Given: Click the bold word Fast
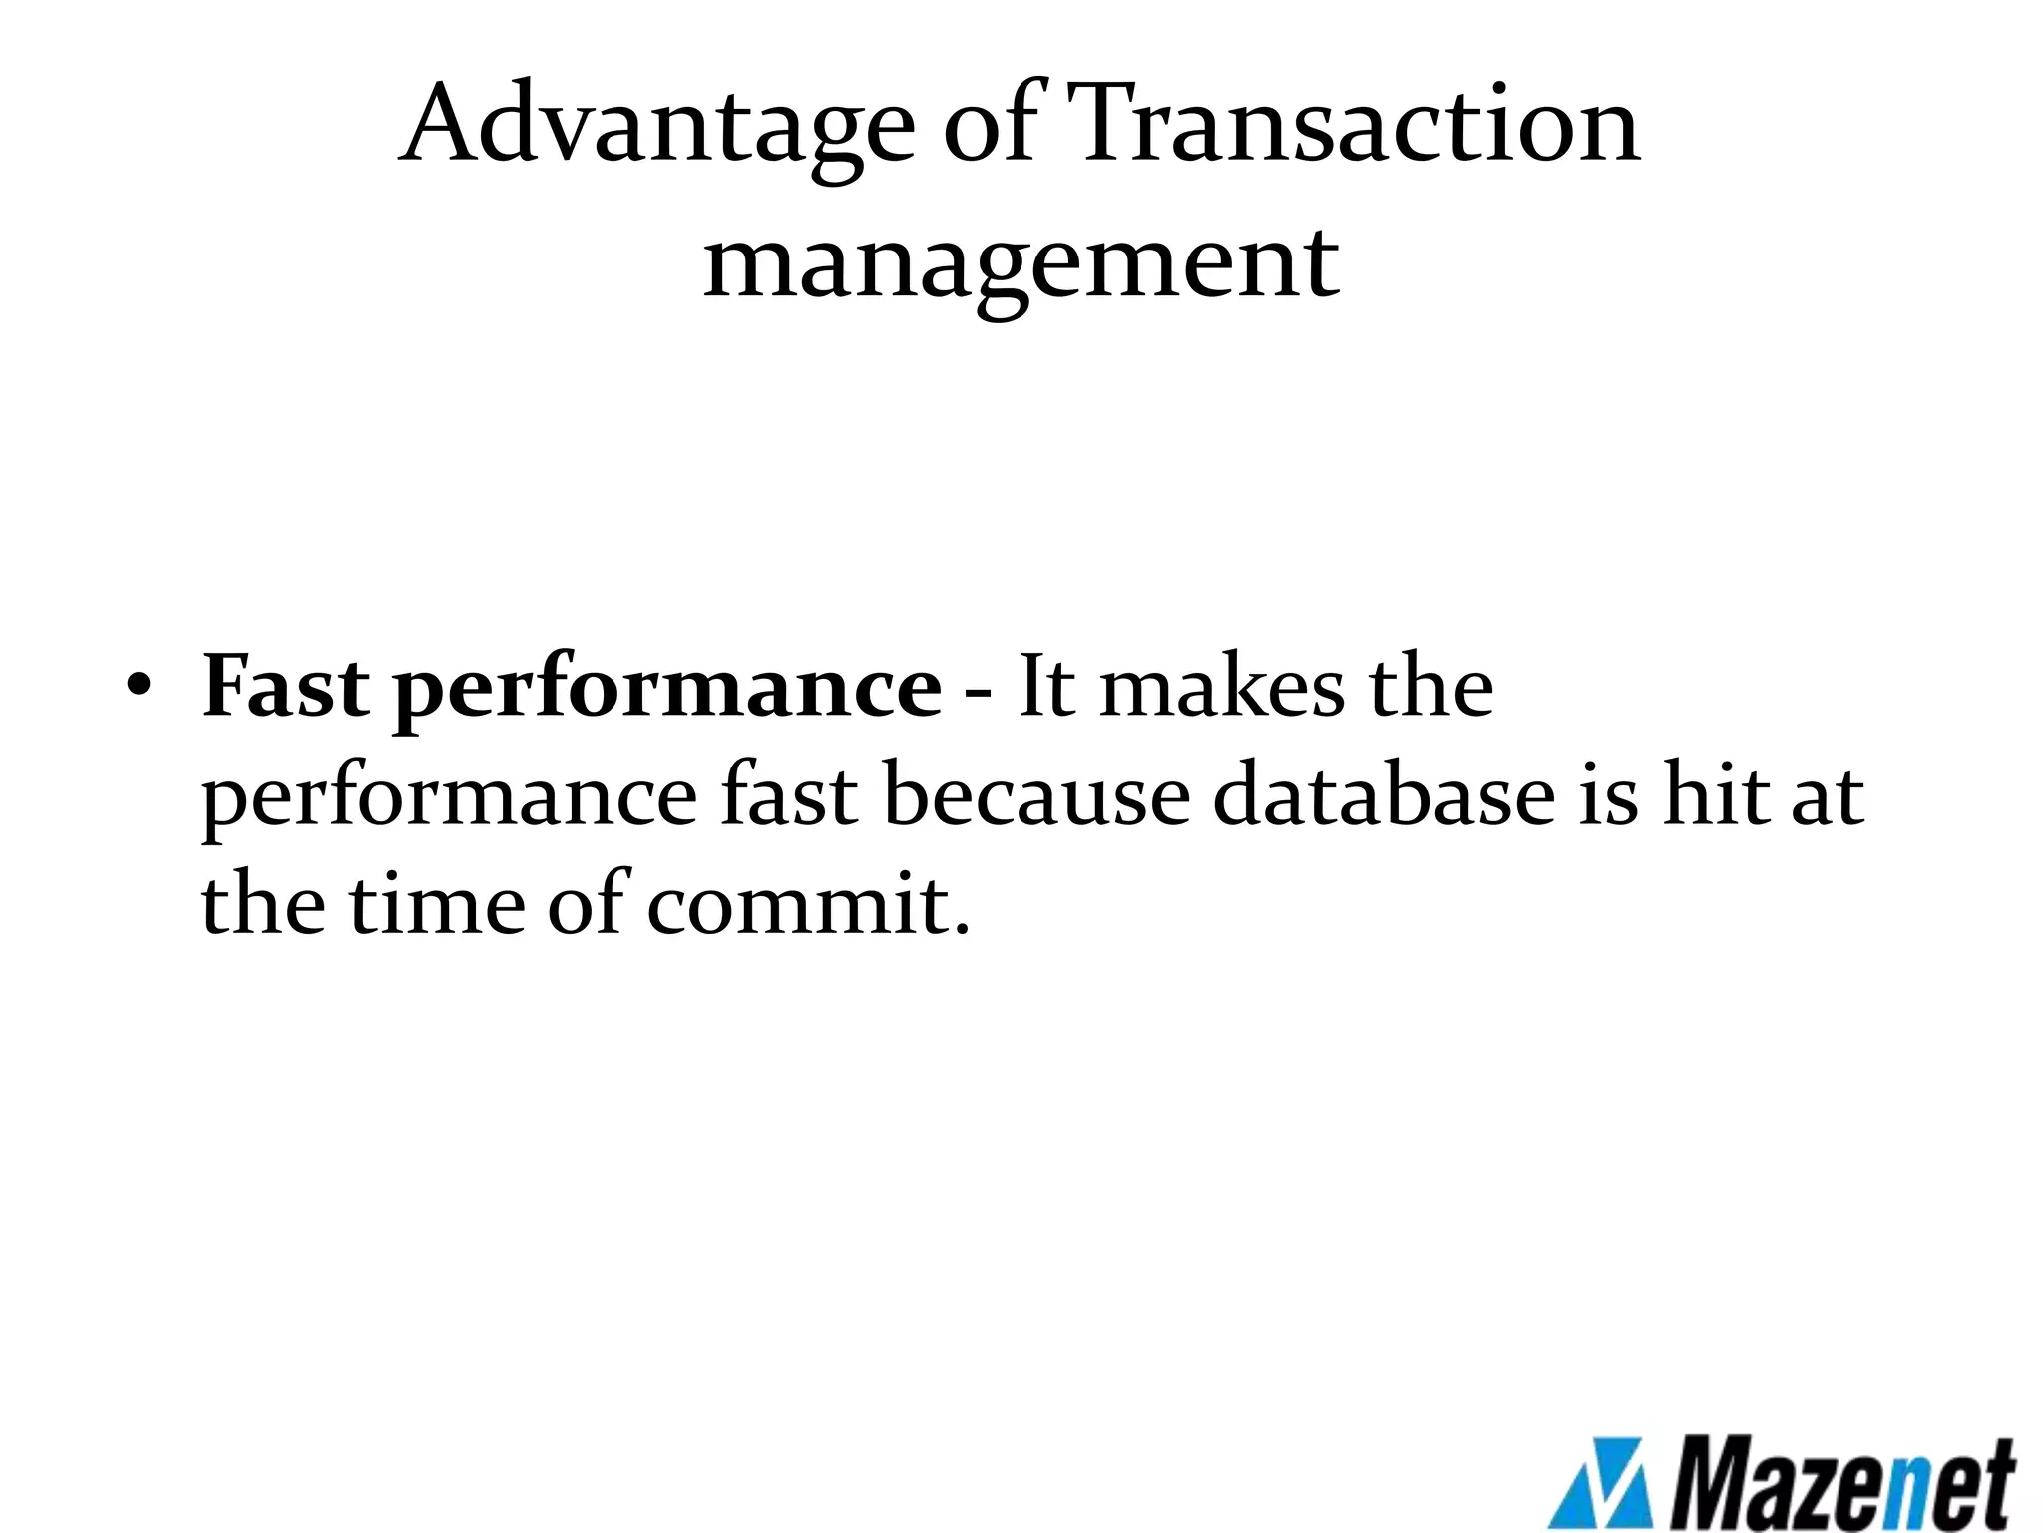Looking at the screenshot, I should click(285, 688).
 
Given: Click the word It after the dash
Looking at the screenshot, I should click(1046, 688).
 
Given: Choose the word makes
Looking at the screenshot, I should click(1222, 688).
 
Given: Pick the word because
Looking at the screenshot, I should click(1036, 796).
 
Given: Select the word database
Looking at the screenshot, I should click(1384, 796).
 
